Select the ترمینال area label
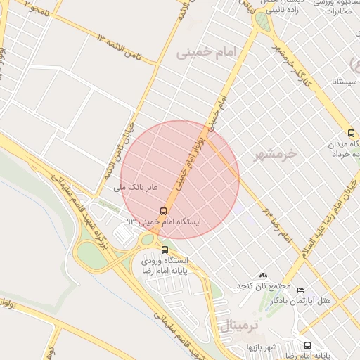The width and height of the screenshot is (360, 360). coord(240,326)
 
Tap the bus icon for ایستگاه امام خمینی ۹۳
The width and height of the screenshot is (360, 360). coord(164,210)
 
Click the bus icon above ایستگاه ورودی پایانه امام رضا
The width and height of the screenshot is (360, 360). coord(165,250)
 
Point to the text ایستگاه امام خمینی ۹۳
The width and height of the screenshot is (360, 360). coord(163,221)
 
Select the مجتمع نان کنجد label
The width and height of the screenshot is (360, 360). coord(263,286)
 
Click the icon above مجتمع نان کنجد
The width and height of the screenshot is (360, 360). coord(264,275)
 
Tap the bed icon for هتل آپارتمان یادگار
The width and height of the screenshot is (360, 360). coord(301,290)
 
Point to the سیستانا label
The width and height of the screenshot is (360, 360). coord(342,82)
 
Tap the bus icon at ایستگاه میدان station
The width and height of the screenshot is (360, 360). coord(351,134)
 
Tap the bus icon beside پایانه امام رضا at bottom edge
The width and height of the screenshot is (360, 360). coord(307,345)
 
